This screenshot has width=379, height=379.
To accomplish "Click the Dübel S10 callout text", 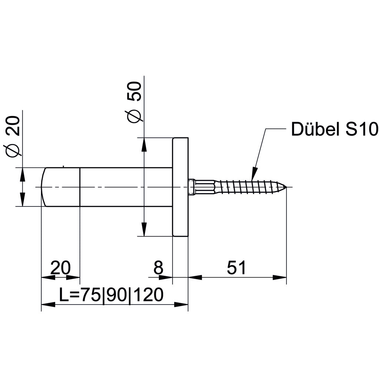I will click(334, 130).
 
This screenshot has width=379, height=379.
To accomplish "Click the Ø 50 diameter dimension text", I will click(134, 101).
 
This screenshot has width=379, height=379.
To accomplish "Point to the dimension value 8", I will click(158, 268).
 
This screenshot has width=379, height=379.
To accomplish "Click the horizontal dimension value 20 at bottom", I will click(60, 268).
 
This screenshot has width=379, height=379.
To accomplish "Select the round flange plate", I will click(181, 187).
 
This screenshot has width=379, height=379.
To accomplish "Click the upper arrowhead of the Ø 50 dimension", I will click(144, 144).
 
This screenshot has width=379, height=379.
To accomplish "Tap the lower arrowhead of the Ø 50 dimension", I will click(144, 229).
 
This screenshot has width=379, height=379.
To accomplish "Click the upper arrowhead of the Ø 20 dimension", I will click(23, 174).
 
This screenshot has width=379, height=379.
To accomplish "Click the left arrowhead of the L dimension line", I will click(48, 305).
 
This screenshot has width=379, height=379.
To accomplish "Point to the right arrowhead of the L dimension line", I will click(181, 305).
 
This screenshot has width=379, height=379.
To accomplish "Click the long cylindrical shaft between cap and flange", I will click(126, 187).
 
